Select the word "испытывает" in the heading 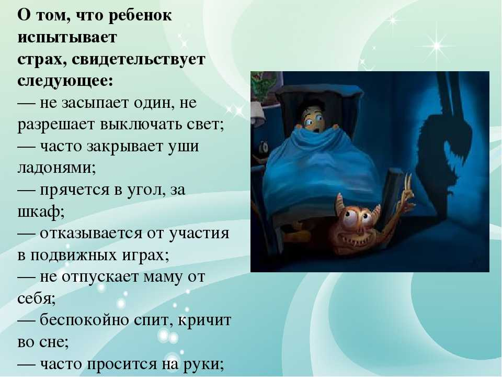(x=67, y=37)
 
